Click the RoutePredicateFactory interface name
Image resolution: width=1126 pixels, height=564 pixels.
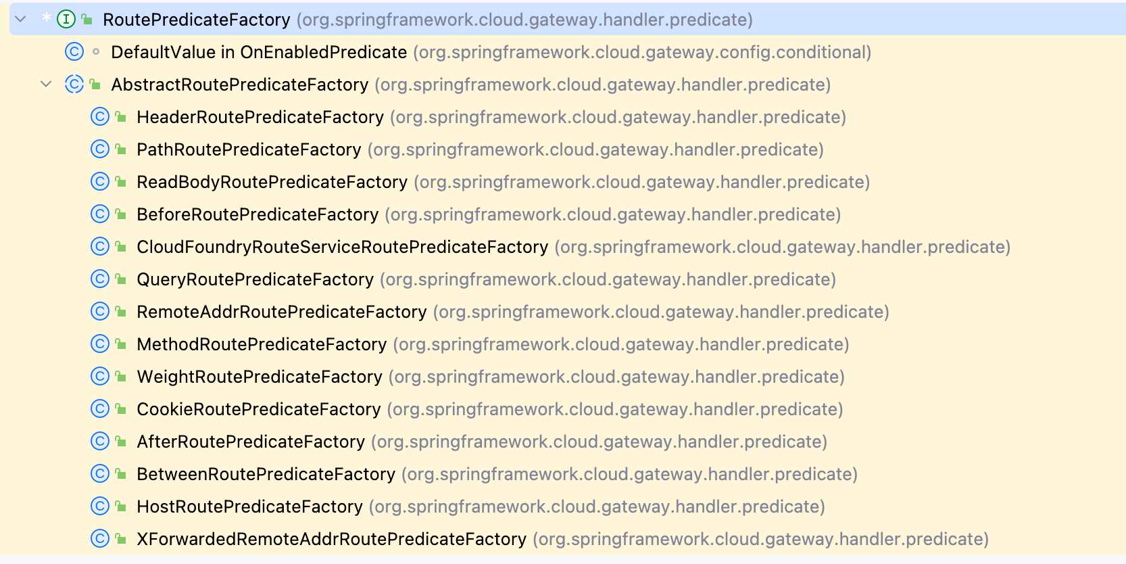197,20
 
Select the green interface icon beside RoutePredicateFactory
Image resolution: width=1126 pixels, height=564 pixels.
66,19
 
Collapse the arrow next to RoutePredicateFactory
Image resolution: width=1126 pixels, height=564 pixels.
20,19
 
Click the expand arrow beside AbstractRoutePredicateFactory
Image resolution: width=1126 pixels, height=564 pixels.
46,84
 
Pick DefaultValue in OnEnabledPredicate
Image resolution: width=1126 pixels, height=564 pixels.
259,52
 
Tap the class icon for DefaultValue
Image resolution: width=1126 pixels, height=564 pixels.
74,52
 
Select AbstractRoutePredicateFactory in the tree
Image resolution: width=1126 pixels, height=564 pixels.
240,85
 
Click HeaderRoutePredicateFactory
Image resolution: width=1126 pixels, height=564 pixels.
260,117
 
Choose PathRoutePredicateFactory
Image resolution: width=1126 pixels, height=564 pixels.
249,149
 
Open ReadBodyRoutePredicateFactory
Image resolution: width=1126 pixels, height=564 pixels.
272,182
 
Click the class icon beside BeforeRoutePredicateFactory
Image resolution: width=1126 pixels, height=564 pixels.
100,214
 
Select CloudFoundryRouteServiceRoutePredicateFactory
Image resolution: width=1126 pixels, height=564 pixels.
342,247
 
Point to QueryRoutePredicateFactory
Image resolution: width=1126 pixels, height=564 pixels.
255,279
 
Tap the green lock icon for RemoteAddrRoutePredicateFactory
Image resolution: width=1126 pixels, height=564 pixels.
120,312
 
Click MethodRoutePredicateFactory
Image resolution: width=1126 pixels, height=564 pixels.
262,344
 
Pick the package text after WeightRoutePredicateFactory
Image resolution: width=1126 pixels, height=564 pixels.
616,377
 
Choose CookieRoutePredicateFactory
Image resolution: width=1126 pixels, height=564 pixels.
259,409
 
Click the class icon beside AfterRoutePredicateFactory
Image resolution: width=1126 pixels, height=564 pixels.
100,441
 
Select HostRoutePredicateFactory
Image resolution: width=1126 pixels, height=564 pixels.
250,506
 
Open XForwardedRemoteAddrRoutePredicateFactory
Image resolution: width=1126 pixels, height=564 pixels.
332,539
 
